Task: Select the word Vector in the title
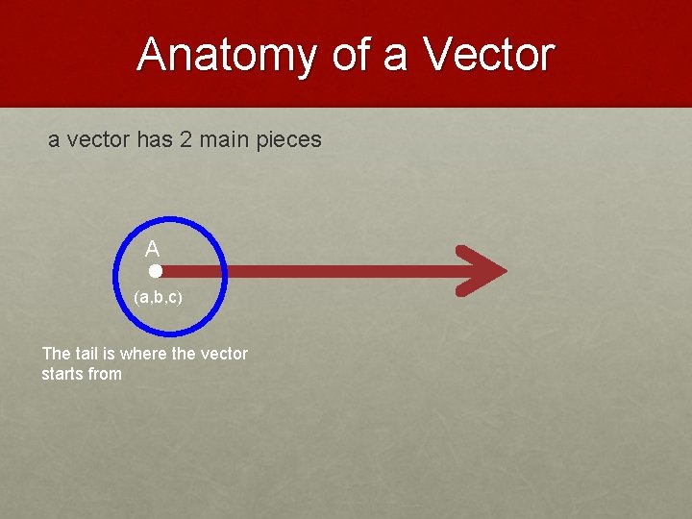488,55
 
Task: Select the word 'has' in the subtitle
155,140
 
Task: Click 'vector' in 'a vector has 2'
100,140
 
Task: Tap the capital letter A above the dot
152,250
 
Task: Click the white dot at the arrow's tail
156,272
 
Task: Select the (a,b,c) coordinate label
159,298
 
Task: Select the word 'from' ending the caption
105,373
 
